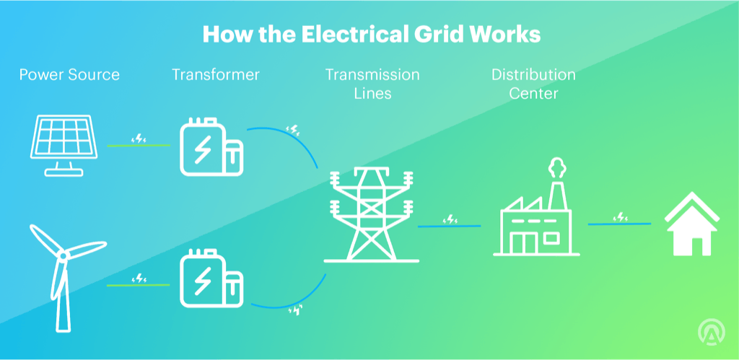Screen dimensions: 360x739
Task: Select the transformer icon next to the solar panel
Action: [211, 148]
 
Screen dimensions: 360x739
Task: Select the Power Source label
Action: [69, 74]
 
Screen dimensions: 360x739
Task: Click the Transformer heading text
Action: [216, 74]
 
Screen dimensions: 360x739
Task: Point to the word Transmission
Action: [372, 74]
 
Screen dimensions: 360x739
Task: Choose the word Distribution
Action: [533, 74]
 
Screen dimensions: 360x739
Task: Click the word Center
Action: [533, 93]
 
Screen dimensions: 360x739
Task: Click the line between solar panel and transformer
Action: [138, 145]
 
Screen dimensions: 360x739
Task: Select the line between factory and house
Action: [619, 224]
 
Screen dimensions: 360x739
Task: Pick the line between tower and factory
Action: [449, 227]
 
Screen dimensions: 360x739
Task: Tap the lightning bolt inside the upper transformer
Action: [204, 149]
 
